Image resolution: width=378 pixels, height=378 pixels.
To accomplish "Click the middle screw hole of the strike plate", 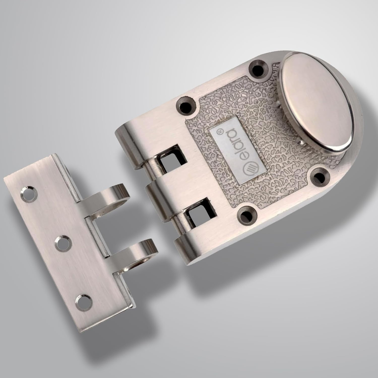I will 62,243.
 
